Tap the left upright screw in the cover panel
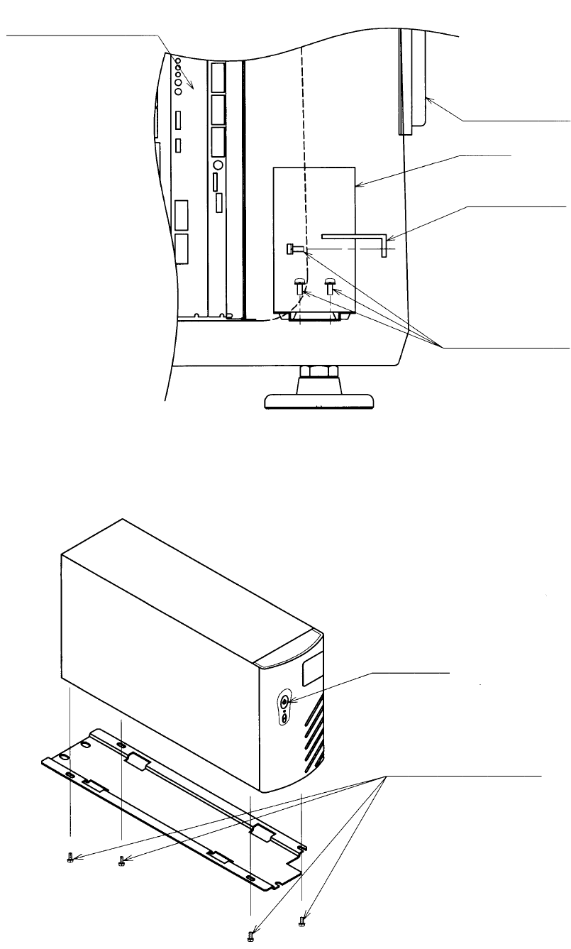[x=300, y=285]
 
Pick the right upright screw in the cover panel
[x=330, y=285]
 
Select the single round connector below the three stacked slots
[x=218, y=164]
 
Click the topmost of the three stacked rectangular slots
[x=219, y=77]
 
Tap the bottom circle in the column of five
[x=178, y=90]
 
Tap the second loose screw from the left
[x=121, y=860]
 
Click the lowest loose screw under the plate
[x=250, y=937]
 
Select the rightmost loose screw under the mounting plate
[x=302, y=921]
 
